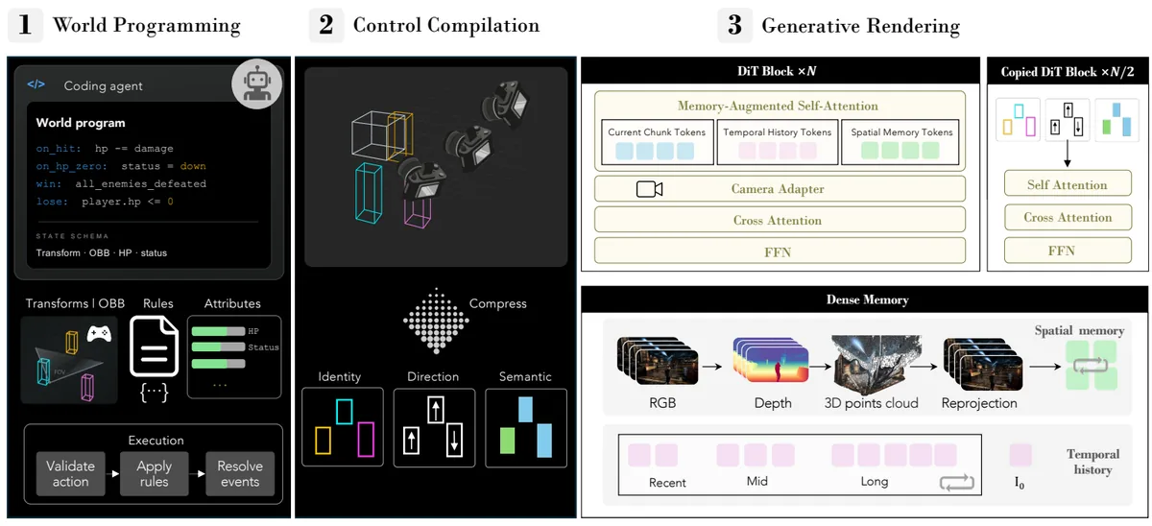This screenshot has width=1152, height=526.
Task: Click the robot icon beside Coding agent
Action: click(256, 84)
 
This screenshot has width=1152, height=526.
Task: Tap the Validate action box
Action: click(70, 473)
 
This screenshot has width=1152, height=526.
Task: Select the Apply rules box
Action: click(155, 473)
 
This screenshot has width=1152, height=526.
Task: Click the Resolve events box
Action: click(240, 473)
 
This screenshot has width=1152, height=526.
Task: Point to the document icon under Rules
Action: click(155, 347)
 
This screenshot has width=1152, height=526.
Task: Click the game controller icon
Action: click(99, 334)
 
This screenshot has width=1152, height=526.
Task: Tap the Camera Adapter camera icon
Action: click(649, 189)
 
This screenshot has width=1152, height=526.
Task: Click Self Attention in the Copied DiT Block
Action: click(1068, 184)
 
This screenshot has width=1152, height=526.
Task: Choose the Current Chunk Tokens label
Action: click(657, 132)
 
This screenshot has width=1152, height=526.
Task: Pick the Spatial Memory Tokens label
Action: click(901, 132)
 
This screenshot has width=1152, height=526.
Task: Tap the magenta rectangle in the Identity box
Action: click(366, 439)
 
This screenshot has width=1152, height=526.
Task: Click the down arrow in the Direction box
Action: click(454, 440)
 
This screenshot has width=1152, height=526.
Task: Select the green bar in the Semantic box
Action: click(508, 441)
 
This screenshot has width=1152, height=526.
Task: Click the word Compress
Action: click(498, 303)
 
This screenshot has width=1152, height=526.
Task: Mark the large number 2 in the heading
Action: click(326, 25)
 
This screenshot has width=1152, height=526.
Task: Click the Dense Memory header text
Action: click(868, 299)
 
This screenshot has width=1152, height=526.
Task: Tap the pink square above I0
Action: click(1020, 455)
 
